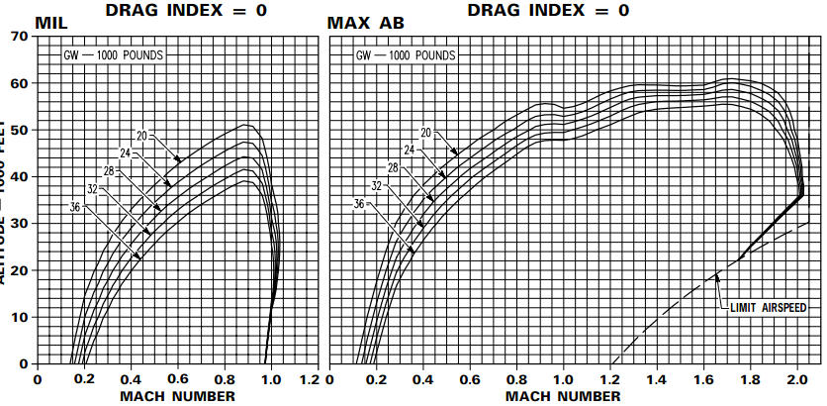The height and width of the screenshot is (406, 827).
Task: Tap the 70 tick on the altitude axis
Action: (19, 37)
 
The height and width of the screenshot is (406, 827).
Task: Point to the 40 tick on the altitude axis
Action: (19, 176)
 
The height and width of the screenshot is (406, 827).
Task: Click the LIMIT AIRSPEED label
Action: (774, 308)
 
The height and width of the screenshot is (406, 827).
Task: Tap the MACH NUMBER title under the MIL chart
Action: (178, 396)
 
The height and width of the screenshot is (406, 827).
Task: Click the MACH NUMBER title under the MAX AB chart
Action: (564, 396)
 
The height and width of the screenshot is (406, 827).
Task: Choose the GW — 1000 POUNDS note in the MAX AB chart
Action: (405, 54)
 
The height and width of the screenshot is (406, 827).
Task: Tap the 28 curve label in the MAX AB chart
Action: (394, 168)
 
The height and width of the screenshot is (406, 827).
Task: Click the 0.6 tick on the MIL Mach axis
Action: (177, 378)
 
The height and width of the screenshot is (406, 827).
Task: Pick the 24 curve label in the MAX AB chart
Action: (409, 151)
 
